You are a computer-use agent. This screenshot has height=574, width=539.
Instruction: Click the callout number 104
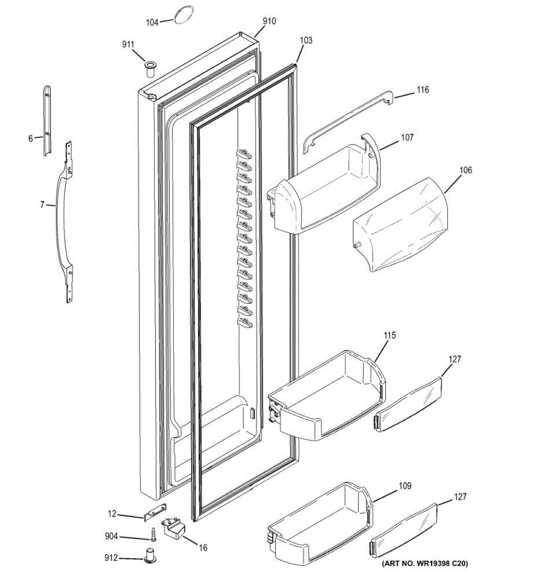(x=152, y=22)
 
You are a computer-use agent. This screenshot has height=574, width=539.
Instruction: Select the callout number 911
(x=128, y=44)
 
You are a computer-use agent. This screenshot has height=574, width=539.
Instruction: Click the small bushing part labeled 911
(x=151, y=68)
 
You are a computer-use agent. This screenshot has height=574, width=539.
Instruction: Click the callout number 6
(x=31, y=139)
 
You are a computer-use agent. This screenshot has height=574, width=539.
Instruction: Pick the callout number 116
(x=422, y=89)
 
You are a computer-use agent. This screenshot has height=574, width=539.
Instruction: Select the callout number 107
(x=407, y=138)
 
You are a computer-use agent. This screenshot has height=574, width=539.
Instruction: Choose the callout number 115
(x=390, y=335)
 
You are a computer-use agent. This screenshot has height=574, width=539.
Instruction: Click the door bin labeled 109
(x=318, y=524)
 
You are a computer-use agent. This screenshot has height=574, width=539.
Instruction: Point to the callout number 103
(x=306, y=40)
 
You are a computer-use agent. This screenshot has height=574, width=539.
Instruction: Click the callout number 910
(x=269, y=21)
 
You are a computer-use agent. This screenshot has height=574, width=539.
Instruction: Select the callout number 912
(x=111, y=558)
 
